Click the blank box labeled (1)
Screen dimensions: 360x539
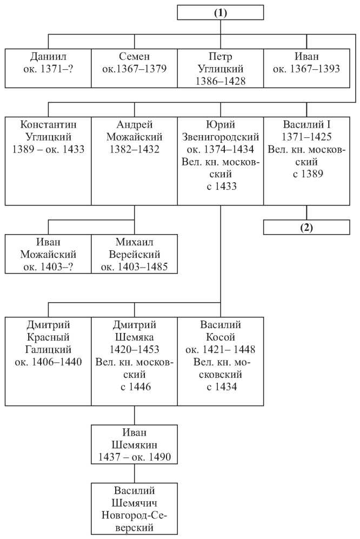pyautogui.click(x=221, y=13)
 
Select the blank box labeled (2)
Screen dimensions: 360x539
pyautogui.click(x=306, y=227)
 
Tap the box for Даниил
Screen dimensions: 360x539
pyautogui.click(x=48, y=68)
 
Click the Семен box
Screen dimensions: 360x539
pyautogui.click(x=135, y=68)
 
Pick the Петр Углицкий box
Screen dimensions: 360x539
pyautogui.click(x=221, y=68)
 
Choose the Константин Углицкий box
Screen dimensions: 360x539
pyautogui.click(x=48, y=161)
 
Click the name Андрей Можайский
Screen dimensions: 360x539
pyautogui.click(x=135, y=131)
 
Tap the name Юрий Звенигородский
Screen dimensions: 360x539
pyautogui.click(x=221, y=131)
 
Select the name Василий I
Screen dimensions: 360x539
pyautogui.click(x=306, y=124)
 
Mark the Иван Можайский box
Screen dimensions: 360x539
pyautogui.click(x=48, y=254)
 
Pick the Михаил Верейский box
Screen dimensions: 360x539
pyautogui.click(x=135, y=254)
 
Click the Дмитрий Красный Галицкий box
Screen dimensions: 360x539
pyautogui.click(x=48, y=361)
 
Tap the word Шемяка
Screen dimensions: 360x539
pyautogui.click(x=135, y=337)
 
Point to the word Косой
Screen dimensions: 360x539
pyautogui.click(x=221, y=337)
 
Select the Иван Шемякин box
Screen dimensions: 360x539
pyautogui.click(x=135, y=444)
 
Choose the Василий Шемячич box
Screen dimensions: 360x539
pyautogui.click(x=135, y=509)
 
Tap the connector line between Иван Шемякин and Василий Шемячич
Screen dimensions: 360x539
pyautogui.click(x=135, y=474)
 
